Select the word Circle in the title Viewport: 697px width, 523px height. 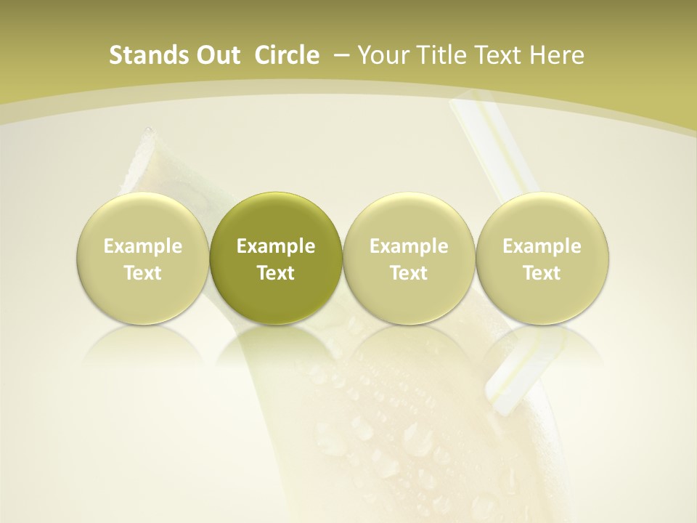tap(287, 55)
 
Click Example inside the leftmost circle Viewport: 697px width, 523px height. tap(142, 246)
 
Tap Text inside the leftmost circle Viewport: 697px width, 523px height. tap(142, 273)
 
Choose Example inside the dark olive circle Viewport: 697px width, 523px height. tap(276, 246)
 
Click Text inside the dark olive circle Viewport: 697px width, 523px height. tap(276, 273)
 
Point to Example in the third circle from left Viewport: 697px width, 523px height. tap(409, 246)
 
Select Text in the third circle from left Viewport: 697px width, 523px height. tap(409, 273)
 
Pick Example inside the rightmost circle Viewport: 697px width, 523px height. tap(542, 246)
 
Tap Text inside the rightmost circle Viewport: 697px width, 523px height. tap(542, 273)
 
